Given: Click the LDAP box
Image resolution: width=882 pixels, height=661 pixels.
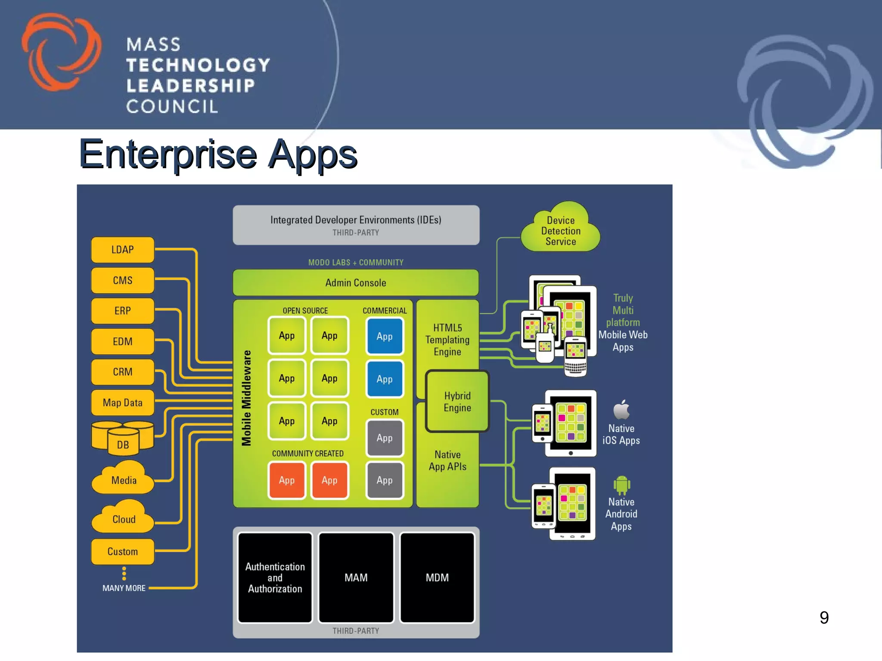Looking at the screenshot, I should tap(123, 250).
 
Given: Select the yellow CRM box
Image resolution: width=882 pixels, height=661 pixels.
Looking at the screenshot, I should tap(123, 372).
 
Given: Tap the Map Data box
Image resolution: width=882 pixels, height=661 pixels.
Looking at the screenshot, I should tap(123, 403).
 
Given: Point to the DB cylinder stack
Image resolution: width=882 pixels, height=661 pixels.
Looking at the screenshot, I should tap(123, 438).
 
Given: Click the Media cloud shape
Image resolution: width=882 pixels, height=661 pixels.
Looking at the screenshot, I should tap(124, 479).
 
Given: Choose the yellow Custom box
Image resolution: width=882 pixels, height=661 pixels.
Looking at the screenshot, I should tap(123, 551).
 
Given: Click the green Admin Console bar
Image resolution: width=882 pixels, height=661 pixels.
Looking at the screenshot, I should tap(356, 283).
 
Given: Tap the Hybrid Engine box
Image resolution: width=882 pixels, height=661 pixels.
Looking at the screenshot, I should tap(457, 402).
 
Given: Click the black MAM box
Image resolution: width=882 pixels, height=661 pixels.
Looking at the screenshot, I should tap(356, 578).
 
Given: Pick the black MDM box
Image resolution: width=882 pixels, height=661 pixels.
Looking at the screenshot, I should tap(437, 578).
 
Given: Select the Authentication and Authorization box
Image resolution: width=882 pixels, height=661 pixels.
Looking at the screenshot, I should tap(275, 578).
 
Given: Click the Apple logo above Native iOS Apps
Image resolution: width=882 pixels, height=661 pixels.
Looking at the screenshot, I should tap(621, 409).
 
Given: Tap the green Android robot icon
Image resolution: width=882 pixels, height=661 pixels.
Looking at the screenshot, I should tap(621, 485).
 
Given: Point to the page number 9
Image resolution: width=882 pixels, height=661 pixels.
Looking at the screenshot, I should tap(824, 618).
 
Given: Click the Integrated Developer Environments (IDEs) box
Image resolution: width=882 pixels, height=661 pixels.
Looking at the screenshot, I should tap(356, 225).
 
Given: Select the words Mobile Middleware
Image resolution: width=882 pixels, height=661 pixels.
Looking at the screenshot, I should tap(246, 398).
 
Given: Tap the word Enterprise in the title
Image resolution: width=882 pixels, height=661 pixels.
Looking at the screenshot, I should tap(168, 154).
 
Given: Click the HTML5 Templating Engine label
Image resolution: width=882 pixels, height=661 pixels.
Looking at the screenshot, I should tap(447, 340).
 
